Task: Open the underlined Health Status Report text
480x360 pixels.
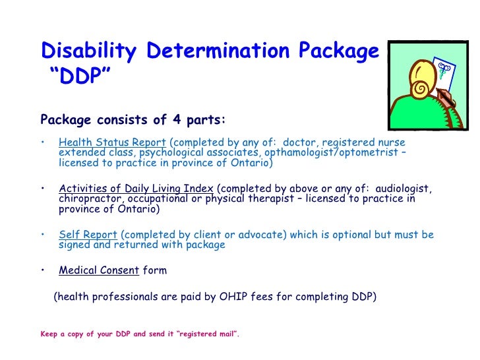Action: pyautogui.click(x=113, y=142)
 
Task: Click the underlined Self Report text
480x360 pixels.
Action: pyautogui.click(x=88, y=235)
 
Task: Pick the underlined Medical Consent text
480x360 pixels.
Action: pyautogui.click(x=98, y=270)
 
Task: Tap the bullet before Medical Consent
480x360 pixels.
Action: pyautogui.click(x=43, y=270)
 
